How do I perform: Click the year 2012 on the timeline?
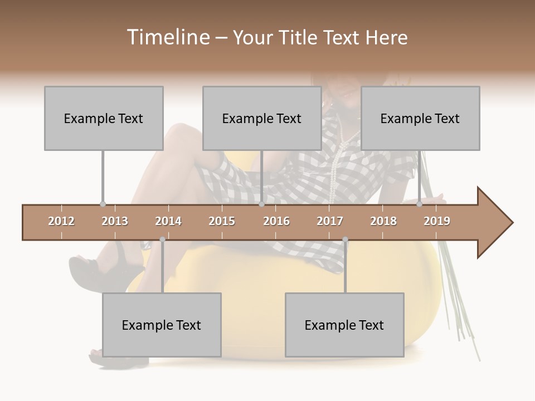point(61,221)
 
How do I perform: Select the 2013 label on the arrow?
point(115,221)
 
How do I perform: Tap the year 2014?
point(168,221)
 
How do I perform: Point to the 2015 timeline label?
point(222,221)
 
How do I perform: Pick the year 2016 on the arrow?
point(276,221)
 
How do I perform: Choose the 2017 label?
point(330,221)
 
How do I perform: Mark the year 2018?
point(383,221)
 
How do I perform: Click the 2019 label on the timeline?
point(437,221)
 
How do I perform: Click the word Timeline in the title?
point(167,37)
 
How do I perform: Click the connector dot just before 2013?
point(103,204)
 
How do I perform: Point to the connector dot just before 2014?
point(162,239)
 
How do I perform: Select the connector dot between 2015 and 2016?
point(261,204)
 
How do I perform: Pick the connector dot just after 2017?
point(345,239)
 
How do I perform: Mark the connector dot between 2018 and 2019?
point(419,204)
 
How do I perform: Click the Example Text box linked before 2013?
point(104,118)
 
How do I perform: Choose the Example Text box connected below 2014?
point(162,325)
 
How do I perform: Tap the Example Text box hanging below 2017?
point(344,325)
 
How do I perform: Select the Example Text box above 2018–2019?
point(420,118)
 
